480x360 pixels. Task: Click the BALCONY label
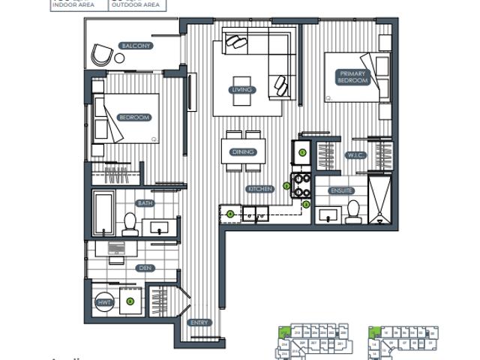136,46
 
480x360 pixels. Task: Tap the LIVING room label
242,90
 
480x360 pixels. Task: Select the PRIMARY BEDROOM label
351,77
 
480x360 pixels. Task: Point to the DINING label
243,152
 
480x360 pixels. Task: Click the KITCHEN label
259,190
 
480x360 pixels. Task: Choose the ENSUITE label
341,191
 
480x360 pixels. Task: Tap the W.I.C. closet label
355,156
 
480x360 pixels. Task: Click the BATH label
145,203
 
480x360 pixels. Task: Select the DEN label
145,268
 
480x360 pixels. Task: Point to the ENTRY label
199,322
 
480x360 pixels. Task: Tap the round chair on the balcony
100,54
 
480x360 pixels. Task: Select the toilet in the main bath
130,223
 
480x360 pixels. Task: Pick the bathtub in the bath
103,213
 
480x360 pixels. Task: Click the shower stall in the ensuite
379,198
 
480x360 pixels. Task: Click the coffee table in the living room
242,82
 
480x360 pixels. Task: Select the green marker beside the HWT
130,301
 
